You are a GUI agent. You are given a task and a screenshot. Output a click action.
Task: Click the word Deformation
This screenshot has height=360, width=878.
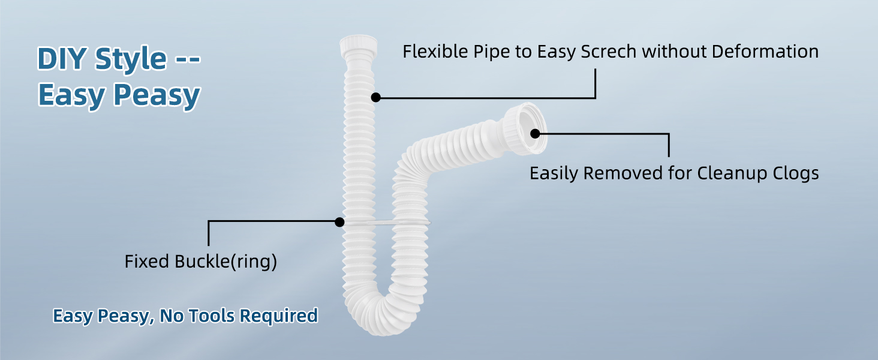pos(765,52)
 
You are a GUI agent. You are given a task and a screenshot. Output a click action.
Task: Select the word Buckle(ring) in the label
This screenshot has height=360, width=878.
pos(226,262)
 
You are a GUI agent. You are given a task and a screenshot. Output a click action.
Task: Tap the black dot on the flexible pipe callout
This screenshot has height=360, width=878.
pos(376,97)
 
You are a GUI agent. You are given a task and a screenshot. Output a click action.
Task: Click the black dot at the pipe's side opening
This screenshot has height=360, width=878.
pos(535,133)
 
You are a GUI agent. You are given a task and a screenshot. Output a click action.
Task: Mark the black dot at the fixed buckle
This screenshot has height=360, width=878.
pos(339,222)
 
